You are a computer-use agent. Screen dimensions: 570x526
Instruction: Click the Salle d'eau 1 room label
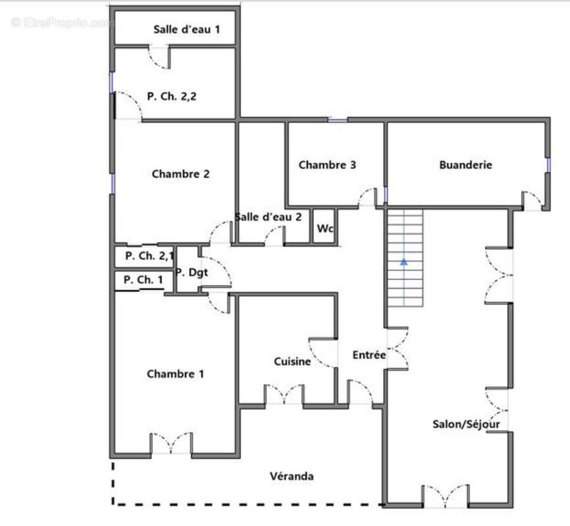click(x=186, y=30)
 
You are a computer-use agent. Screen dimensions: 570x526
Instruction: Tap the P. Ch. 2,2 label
click(x=172, y=96)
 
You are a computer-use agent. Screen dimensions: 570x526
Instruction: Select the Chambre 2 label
click(x=180, y=174)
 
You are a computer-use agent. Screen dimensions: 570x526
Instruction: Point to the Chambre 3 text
click(x=327, y=165)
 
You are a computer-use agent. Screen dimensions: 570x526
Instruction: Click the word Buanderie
click(x=465, y=165)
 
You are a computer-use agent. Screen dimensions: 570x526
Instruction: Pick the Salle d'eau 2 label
click(x=269, y=217)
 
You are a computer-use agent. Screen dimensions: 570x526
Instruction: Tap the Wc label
click(x=325, y=229)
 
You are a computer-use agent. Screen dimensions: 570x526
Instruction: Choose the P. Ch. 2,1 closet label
click(x=149, y=256)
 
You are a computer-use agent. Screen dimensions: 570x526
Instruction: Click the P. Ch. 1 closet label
click(x=143, y=280)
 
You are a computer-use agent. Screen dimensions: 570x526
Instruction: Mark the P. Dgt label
click(x=192, y=272)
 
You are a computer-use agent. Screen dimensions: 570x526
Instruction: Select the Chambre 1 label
click(x=175, y=374)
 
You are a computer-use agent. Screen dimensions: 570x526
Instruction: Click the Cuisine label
click(x=292, y=362)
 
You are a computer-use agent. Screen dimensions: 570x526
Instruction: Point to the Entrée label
click(x=369, y=355)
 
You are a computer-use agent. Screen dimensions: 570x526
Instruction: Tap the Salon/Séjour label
click(x=466, y=424)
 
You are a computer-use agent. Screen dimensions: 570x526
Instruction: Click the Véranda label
click(x=292, y=476)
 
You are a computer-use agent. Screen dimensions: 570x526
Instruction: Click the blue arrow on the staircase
click(x=404, y=262)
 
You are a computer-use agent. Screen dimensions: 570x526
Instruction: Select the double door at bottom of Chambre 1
click(x=171, y=443)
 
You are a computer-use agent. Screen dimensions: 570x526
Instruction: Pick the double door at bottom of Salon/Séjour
click(x=446, y=496)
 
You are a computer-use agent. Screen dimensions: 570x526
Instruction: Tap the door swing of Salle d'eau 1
click(x=159, y=58)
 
